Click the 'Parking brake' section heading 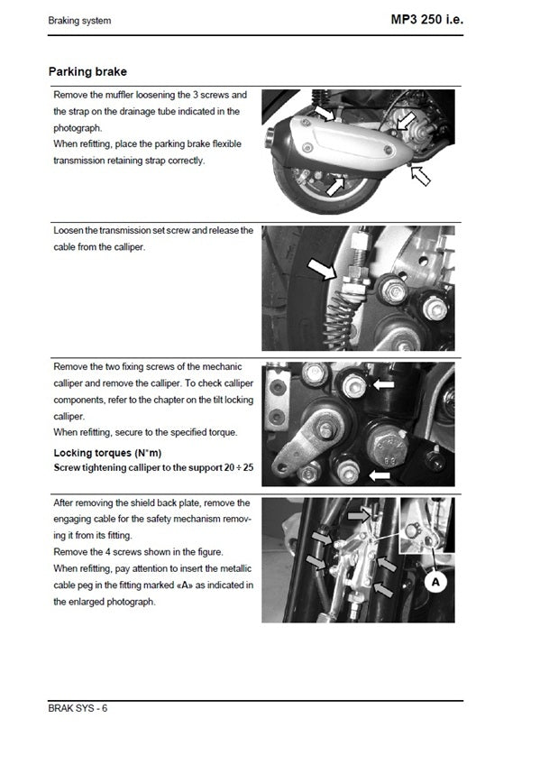pyautogui.click(x=87, y=71)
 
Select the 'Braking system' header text pyautogui.click(x=80, y=21)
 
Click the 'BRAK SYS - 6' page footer pyautogui.click(x=78, y=707)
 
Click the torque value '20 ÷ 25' pyautogui.click(x=237, y=467)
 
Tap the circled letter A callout pyautogui.click(x=435, y=582)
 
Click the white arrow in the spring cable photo pyautogui.click(x=320, y=268)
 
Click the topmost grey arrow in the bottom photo pyautogui.click(x=358, y=513)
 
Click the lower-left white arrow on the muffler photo pyautogui.click(x=335, y=185)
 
